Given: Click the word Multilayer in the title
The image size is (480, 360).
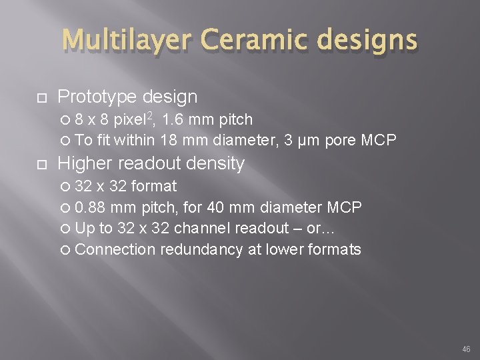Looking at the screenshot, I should pos(121,41).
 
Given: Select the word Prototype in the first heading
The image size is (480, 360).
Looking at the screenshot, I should pos(97,97).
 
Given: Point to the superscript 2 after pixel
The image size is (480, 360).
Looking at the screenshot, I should pos(150,116).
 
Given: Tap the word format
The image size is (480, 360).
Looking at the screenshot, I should pos(156,186).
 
